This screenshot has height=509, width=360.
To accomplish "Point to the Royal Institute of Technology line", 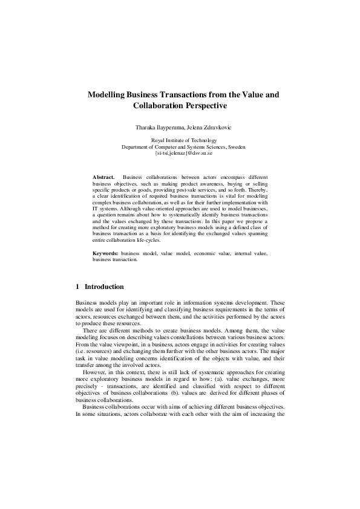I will pos(180,141).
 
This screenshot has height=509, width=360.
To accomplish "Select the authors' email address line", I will pos(180,153).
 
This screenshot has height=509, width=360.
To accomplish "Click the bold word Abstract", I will pos(103,176).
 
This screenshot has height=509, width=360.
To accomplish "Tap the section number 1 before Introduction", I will pos(77,287).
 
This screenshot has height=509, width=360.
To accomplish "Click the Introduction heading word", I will pos(104,287).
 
